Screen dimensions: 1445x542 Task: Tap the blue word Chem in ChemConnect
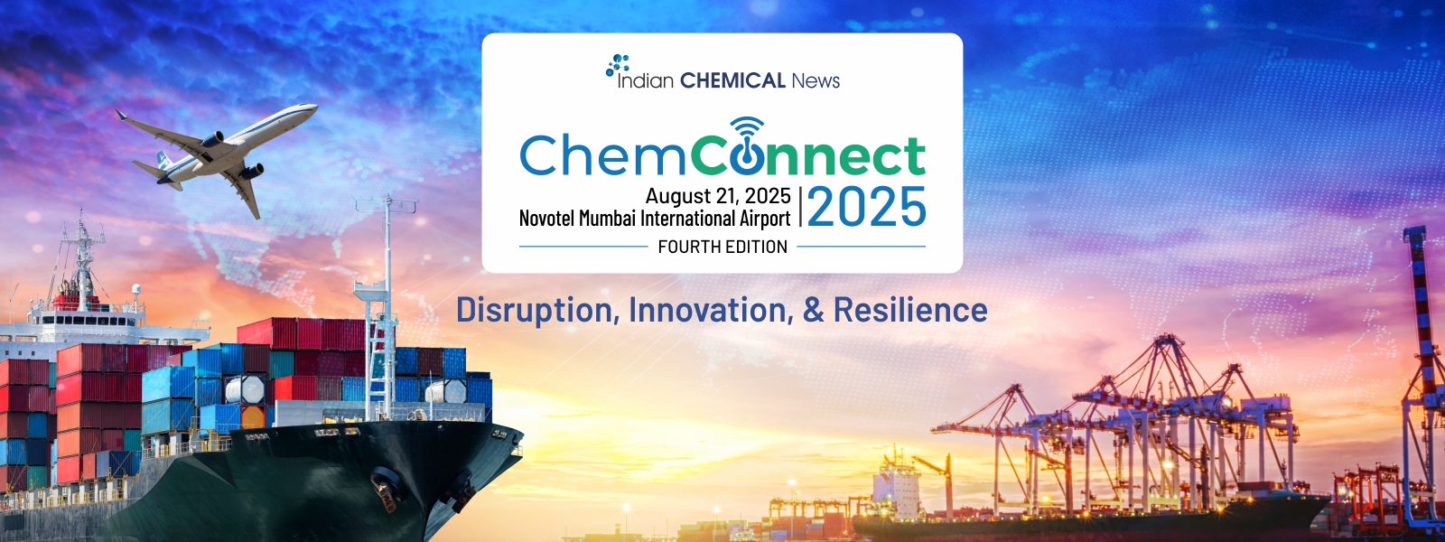pos(601,155)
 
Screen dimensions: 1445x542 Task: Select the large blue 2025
pos(866,207)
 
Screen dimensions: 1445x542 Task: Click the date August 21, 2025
pos(718,195)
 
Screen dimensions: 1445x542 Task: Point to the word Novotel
pos(547,219)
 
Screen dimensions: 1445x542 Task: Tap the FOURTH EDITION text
pos(722,247)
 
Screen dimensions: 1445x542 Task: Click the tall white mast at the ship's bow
pos(387,304)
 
